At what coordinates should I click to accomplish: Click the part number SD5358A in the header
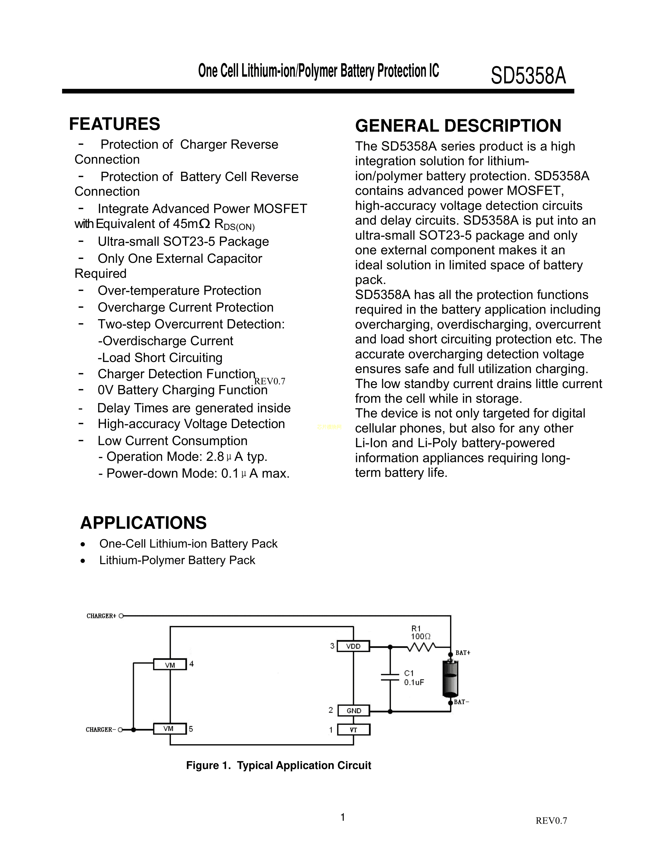528,75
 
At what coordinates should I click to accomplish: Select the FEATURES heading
114,124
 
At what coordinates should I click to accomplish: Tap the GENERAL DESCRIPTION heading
458,126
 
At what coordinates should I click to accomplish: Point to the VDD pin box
353,646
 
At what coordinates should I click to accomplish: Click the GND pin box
353,711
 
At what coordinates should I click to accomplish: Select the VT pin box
353,730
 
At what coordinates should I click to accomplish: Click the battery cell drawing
450,679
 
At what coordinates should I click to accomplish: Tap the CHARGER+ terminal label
102,616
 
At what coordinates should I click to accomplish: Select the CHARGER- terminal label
101,730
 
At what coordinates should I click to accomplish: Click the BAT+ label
463,653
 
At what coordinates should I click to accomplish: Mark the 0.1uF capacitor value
414,682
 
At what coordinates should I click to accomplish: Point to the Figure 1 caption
278,766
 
